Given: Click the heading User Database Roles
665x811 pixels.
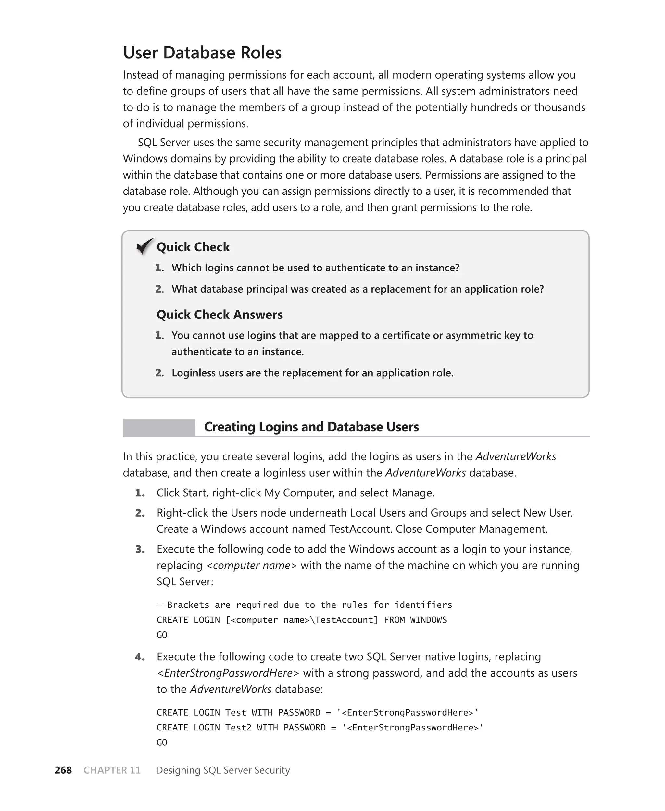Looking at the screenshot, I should click(x=202, y=53).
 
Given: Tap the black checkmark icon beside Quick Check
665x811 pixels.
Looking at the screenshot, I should click(x=145, y=246).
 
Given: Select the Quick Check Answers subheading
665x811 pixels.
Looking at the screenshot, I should click(x=220, y=314).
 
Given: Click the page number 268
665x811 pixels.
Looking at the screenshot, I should click(x=63, y=770).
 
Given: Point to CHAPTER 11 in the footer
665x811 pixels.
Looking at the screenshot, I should click(x=112, y=770).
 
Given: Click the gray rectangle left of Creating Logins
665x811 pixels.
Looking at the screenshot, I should click(x=158, y=428).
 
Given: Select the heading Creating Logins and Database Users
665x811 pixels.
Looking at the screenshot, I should click(x=311, y=427).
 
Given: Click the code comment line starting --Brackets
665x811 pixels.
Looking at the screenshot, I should click(x=304, y=605).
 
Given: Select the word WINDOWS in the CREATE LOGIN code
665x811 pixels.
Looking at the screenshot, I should click(x=428, y=619).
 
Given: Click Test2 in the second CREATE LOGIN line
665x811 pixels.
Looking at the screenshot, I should click(x=238, y=727).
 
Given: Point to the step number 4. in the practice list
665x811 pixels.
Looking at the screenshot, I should click(x=140, y=657).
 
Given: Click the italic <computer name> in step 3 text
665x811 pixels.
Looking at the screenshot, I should click(x=251, y=565).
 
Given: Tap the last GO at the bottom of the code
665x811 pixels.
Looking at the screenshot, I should click(x=162, y=742).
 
